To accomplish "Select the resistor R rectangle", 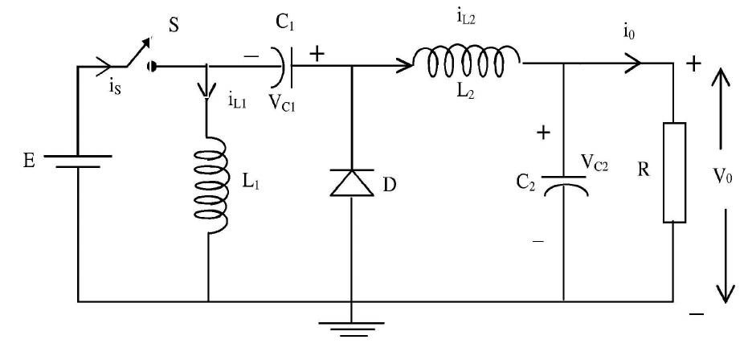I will click(x=673, y=172).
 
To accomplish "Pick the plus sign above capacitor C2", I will click(x=544, y=133).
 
